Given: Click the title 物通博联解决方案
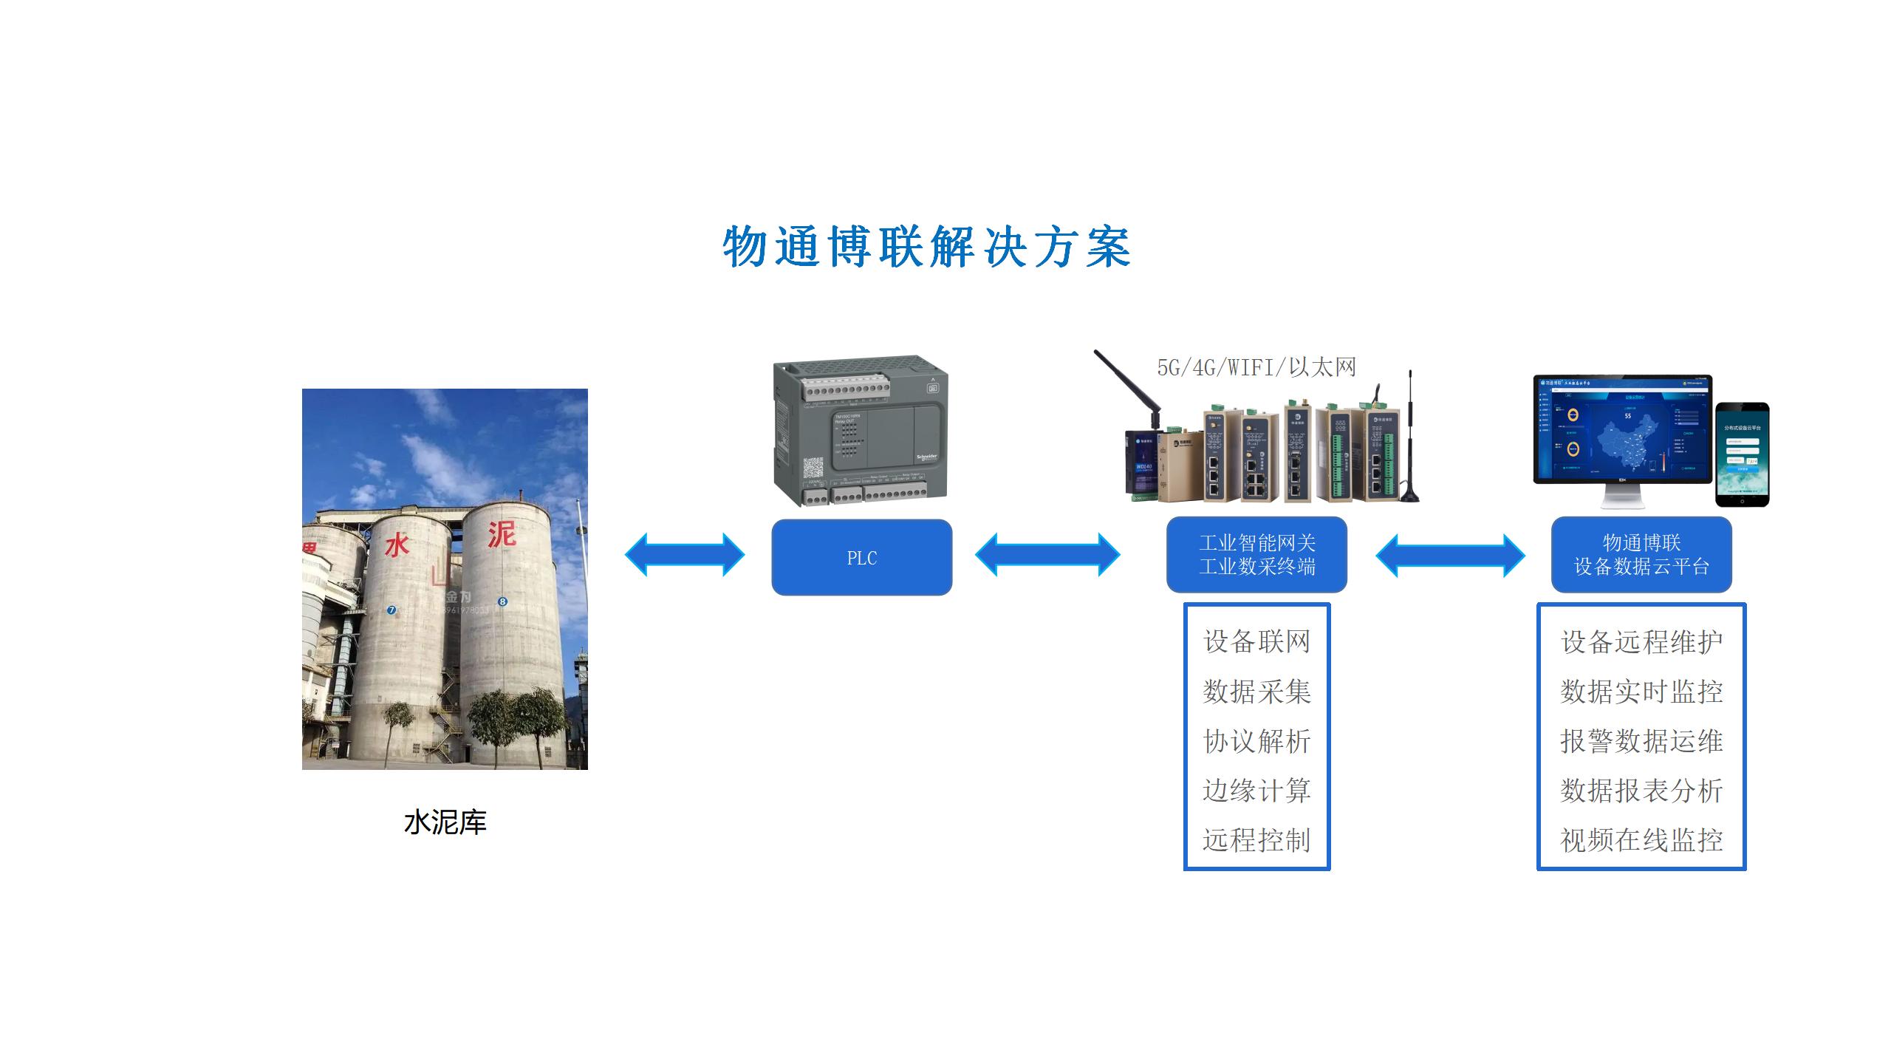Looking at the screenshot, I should click(x=926, y=247).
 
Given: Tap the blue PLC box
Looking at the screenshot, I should click(x=861, y=558).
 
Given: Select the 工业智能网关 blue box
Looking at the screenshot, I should click(x=1256, y=555).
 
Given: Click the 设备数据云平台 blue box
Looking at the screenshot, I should click(x=1641, y=555).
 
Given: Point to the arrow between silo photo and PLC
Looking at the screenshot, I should click(x=685, y=555).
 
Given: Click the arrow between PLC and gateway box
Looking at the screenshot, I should click(x=1047, y=555).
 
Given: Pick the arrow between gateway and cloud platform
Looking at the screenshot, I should click(x=1450, y=556).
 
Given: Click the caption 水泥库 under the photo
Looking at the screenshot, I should click(x=445, y=822).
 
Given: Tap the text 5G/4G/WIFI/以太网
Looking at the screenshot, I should click(x=1256, y=367).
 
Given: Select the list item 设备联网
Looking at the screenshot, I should click(x=1256, y=641).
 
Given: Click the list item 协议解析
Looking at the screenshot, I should click(x=1256, y=741).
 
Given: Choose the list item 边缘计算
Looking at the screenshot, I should click(x=1256, y=791).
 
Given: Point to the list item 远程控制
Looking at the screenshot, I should click(x=1256, y=840).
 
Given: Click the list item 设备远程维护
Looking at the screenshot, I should click(x=1641, y=641).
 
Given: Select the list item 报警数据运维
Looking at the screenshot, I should click(x=1641, y=741).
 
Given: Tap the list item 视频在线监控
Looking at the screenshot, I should click(x=1641, y=840).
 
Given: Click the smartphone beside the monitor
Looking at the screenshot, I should click(x=1742, y=454).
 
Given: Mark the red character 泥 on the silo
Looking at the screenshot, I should click(x=501, y=533).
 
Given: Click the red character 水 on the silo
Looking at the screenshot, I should click(x=397, y=545).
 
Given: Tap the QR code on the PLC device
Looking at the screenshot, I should click(x=813, y=467).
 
